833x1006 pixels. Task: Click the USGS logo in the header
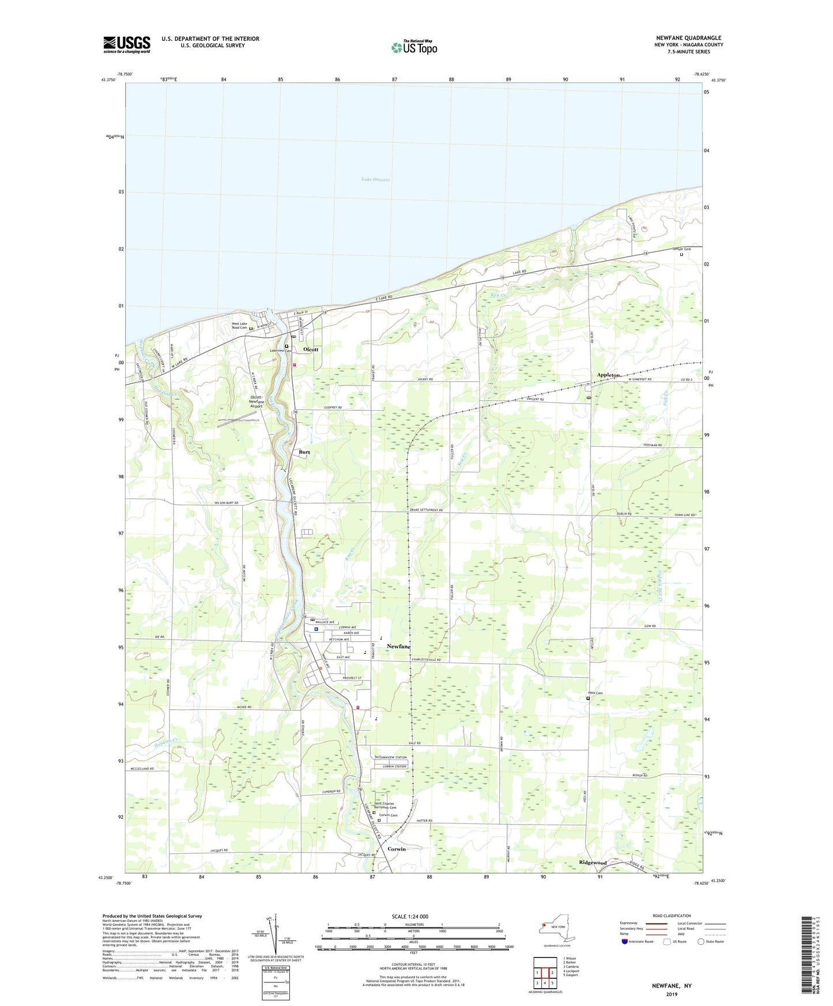tap(127, 44)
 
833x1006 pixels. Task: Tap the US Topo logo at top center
tap(413, 47)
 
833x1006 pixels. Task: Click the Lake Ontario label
tap(375, 180)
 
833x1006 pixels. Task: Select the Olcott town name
tap(311, 350)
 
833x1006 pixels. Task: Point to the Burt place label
tap(304, 452)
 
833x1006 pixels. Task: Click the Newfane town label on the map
tap(398, 646)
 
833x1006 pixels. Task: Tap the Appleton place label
tap(608, 375)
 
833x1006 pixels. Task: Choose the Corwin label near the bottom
tap(397, 849)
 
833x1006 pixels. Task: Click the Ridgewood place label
tap(593, 863)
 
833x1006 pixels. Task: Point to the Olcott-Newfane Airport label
tap(255, 402)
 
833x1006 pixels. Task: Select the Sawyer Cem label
tap(681, 249)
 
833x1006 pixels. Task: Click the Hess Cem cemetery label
tap(595, 693)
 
